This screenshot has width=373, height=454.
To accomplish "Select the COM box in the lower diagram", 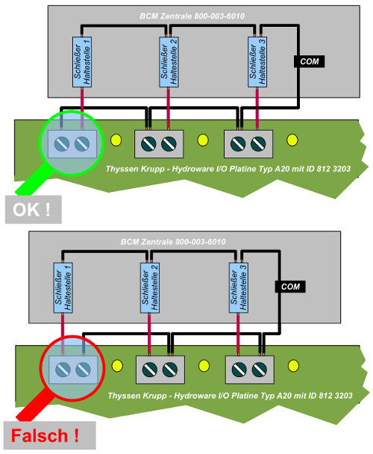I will click(x=290, y=286).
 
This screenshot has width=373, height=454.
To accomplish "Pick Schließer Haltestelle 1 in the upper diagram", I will click(x=81, y=60).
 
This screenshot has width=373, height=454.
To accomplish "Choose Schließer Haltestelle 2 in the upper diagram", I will click(x=169, y=60).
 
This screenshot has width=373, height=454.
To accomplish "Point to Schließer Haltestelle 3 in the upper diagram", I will click(x=257, y=60).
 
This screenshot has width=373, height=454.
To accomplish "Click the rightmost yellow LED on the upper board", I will click(x=292, y=140).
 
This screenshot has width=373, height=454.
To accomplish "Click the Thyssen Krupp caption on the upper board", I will click(x=228, y=170).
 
